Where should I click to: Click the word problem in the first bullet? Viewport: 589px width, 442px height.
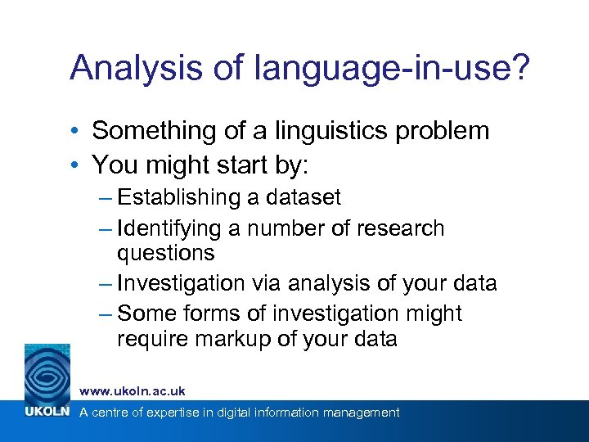click(448, 131)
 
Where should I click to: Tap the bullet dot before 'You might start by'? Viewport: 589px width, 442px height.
click(74, 165)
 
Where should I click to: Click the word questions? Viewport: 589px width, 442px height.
click(166, 254)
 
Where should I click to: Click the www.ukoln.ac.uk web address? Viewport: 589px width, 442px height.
click(133, 392)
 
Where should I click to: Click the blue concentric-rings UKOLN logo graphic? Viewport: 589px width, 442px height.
click(47, 371)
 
